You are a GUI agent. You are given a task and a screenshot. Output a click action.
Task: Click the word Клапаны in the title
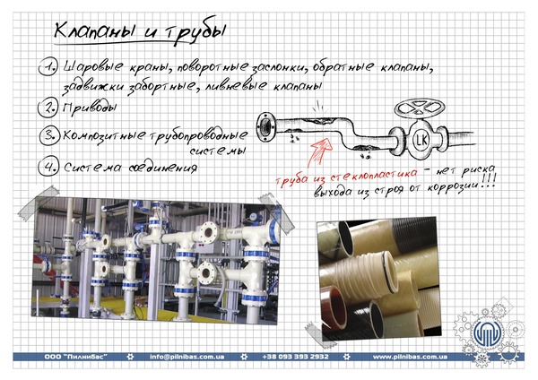(x=94, y=30)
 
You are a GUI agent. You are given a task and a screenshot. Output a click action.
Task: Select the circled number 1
(x=48, y=66)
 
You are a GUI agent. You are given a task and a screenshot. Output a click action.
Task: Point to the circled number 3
(x=49, y=135)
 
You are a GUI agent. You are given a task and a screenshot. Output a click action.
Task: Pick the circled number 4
(x=48, y=167)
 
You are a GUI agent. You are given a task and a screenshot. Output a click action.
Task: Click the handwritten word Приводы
(x=90, y=108)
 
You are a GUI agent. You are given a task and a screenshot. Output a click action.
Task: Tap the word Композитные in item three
(x=104, y=135)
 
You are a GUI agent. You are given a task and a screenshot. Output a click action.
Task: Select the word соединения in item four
(x=162, y=168)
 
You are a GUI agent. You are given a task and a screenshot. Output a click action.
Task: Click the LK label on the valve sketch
(x=421, y=140)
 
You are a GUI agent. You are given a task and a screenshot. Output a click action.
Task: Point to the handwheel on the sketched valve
(x=420, y=108)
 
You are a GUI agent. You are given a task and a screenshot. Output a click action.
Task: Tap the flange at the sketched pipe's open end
(x=266, y=127)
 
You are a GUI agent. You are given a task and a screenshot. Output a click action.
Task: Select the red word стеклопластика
(x=374, y=175)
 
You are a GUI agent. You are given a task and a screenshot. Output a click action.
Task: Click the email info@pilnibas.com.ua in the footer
(x=187, y=357)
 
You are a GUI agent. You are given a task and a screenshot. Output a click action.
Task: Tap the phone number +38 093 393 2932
(x=295, y=357)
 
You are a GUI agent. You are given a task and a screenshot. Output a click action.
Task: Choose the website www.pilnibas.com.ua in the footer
(x=410, y=357)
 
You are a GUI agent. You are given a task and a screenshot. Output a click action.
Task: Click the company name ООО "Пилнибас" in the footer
(x=76, y=357)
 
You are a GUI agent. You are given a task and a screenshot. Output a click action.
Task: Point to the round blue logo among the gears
(x=488, y=332)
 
